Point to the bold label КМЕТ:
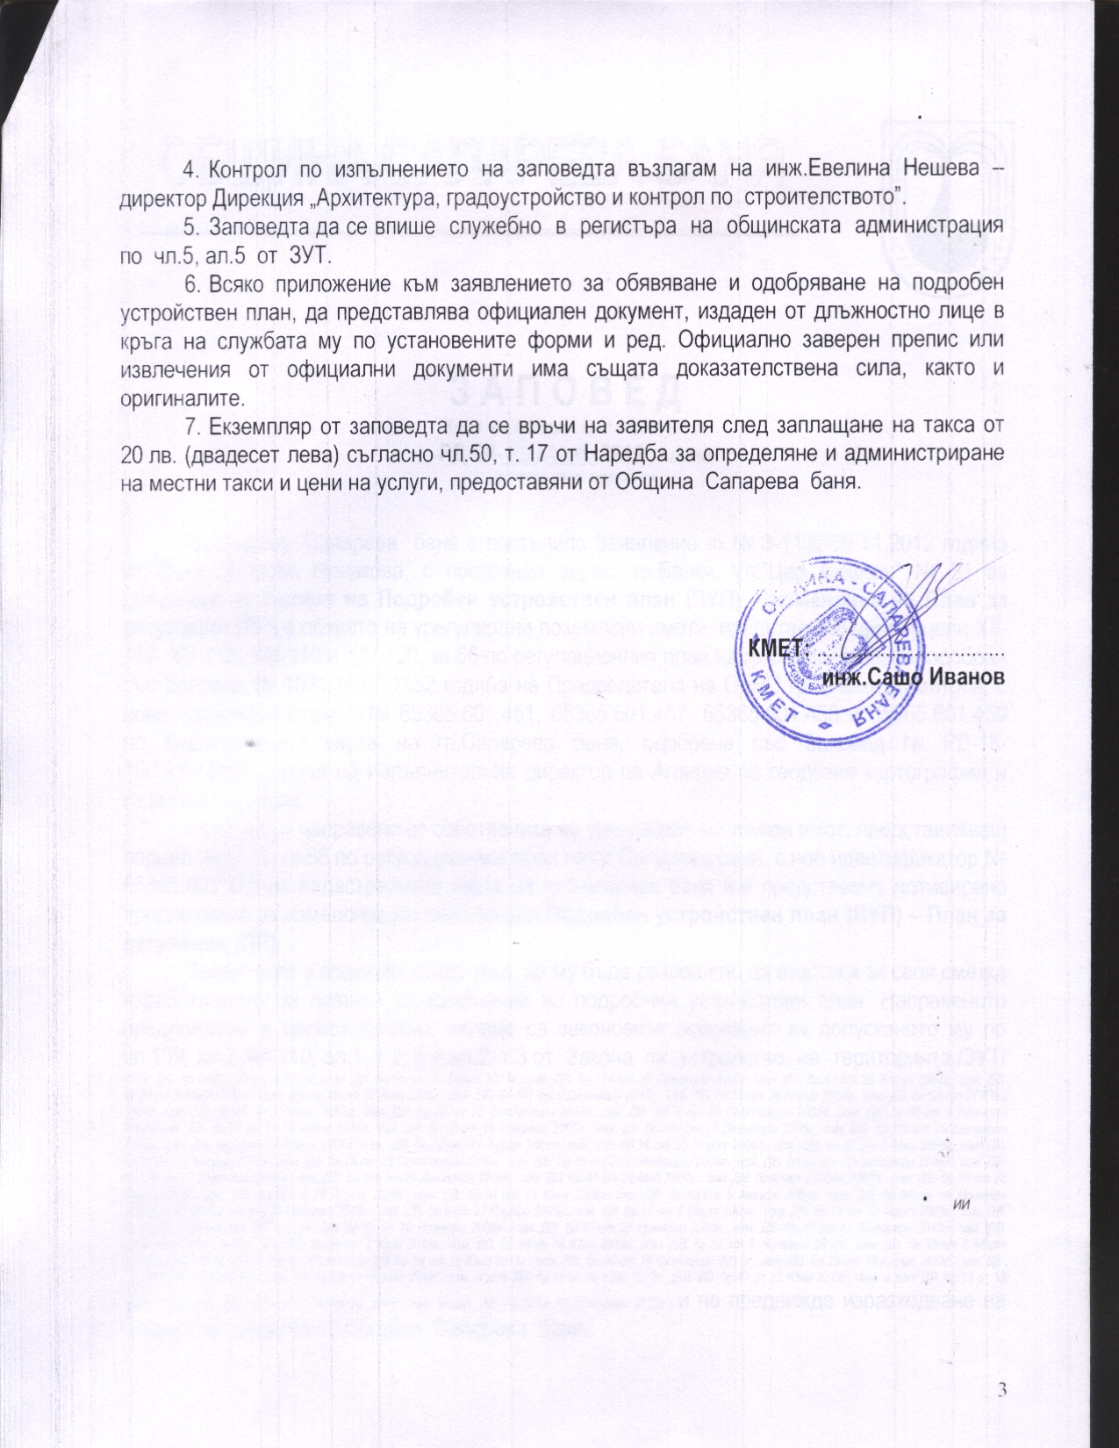(x=776, y=649)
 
